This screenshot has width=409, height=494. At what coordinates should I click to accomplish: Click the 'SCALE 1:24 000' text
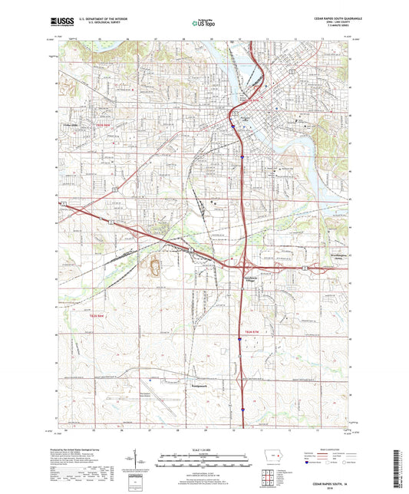pyautogui.click(x=203, y=450)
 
